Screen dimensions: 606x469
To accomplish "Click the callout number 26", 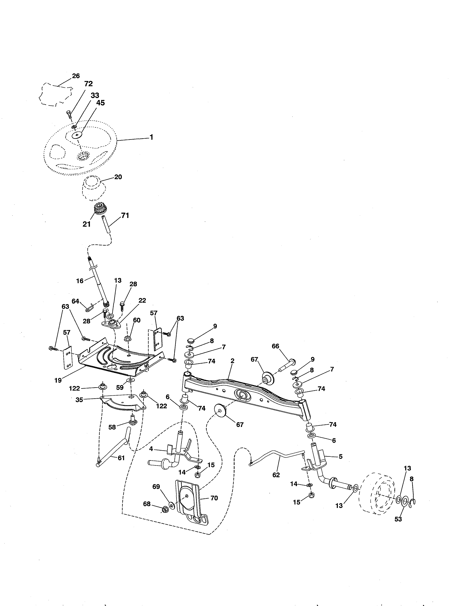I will pos(76,76).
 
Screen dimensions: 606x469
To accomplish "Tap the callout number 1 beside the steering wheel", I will pos(151,137).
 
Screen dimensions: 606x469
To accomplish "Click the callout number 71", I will pos(125,216).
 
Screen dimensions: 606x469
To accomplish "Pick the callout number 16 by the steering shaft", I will pos(80,281).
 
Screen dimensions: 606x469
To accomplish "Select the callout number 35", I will pos(79,400).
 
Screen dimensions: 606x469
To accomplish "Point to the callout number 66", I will pos(275,346).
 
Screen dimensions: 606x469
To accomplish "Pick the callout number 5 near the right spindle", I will pos(341,457).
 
